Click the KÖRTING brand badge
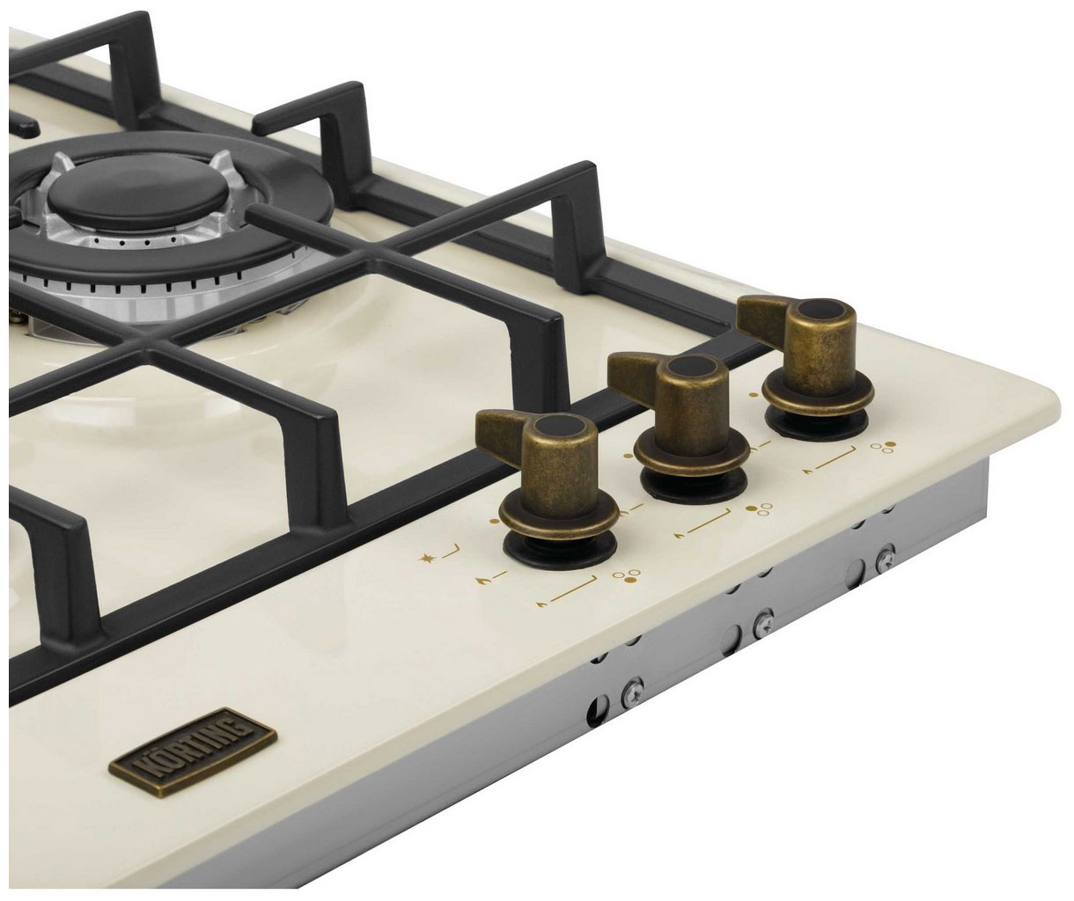(193, 753)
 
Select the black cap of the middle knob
(690, 366)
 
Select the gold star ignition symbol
(426, 558)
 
